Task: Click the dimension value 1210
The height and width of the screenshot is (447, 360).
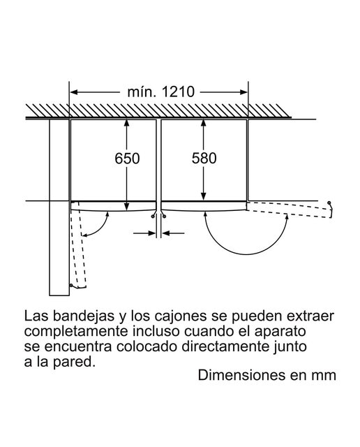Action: tap(178, 91)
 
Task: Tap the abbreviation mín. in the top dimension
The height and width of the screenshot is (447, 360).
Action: tap(142, 91)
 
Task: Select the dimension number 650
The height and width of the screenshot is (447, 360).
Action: tap(127, 159)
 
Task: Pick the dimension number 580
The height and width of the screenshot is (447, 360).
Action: tap(204, 159)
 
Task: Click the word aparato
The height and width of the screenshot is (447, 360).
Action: tap(280, 332)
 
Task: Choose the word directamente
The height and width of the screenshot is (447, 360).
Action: tap(225, 347)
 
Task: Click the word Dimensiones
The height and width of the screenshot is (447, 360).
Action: tap(242, 376)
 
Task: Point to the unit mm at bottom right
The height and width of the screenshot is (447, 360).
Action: tap(324, 376)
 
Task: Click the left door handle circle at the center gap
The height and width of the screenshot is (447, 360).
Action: tap(153, 217)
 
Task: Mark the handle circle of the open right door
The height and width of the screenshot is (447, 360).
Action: tap(329, 203)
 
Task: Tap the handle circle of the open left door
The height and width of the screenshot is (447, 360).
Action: tap(71, 285)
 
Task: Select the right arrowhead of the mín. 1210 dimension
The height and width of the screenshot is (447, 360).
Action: tap(243, 92)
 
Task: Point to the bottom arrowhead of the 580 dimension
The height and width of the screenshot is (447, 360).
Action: tap(203, 196)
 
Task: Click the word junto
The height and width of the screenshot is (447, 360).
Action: tap(290, 348)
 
